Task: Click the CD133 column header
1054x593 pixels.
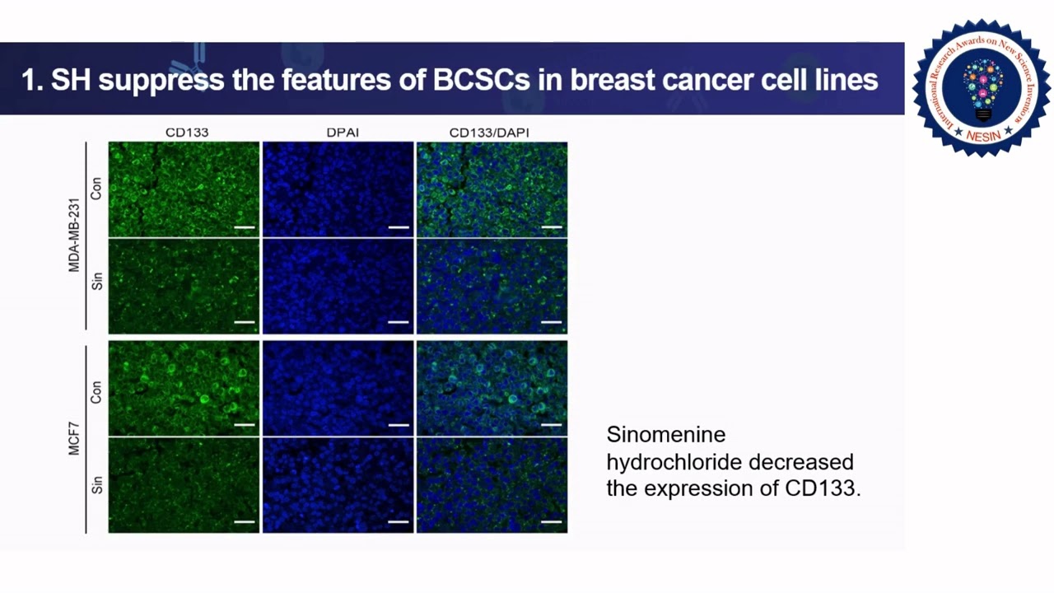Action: (x=186, y=132)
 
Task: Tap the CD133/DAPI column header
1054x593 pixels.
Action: (x=489, y=132)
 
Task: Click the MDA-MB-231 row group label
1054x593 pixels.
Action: (x=74, y=235)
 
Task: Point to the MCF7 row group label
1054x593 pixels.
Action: (x=74, y=436)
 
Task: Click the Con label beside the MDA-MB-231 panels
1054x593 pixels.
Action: (x=96, y=189)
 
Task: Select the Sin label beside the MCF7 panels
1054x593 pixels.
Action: (x=96, y=484)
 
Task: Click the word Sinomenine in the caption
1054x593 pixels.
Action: (x=665, y=434)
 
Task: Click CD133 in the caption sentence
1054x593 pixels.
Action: (x=819, y=488)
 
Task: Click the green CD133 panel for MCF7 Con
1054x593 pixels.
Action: (x=184, y=388)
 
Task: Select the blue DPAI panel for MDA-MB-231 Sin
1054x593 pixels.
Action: (x=338, y=287)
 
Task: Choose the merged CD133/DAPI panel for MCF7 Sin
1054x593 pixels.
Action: (x=492, y=485)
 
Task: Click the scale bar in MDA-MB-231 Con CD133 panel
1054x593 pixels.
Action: (x=244, y=226)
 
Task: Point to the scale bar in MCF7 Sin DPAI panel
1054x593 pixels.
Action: (x=398, y=521)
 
